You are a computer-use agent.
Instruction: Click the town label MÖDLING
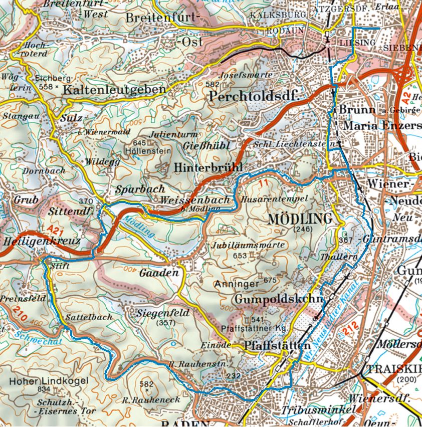click(x=300, y=219)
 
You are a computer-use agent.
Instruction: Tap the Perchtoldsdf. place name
click(x=254, y=96)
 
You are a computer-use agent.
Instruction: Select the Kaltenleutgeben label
click(x=115, y=90)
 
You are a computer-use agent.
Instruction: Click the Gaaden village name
click(x=159, y=273)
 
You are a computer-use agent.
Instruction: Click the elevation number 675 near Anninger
click(x=270, y=280)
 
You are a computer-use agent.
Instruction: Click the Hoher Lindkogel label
click(x=49, y=381)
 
